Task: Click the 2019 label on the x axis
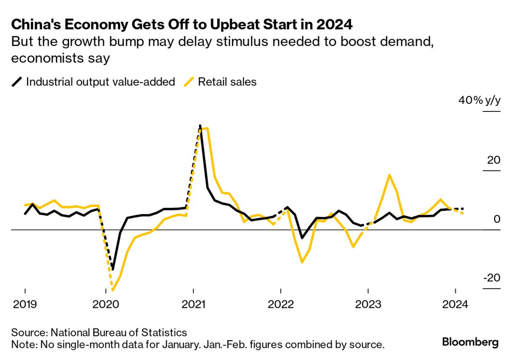(25, 304)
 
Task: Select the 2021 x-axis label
(193, 304)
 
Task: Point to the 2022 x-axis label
(281, 304)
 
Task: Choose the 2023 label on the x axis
(368, 304)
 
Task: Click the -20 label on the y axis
(491, 278)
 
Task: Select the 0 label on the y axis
(497, 219)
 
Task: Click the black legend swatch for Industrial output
(17, 82)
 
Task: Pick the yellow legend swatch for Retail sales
(189, 82)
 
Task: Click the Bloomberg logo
(470, 342)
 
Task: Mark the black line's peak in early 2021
(200, 126)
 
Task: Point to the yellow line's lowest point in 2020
(112, 290)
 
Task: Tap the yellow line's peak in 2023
(389, 175)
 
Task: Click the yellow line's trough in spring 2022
(302, 262)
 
